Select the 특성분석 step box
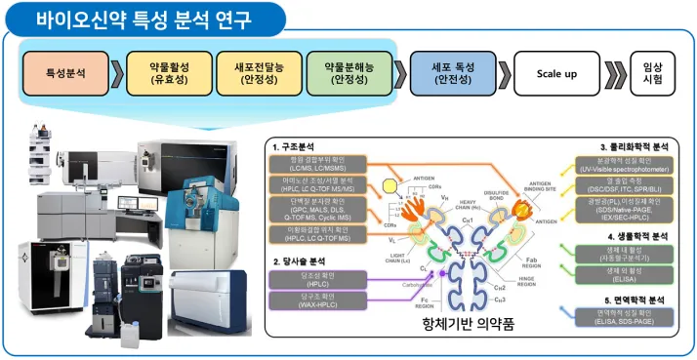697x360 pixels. (68, 73)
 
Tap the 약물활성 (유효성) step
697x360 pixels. (166, 73)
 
